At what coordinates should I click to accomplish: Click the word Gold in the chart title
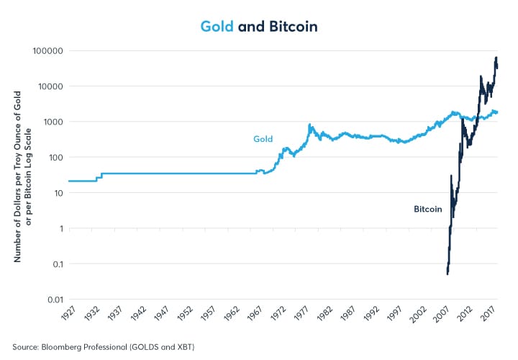(x=218, y=27)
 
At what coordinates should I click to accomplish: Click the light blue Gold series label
(x=263, y=139)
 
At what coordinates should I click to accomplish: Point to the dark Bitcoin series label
(x=427, y=210)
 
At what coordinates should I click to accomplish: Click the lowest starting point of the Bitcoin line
(x=447, y=274)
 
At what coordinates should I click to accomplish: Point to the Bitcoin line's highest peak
(x=496, y=58)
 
